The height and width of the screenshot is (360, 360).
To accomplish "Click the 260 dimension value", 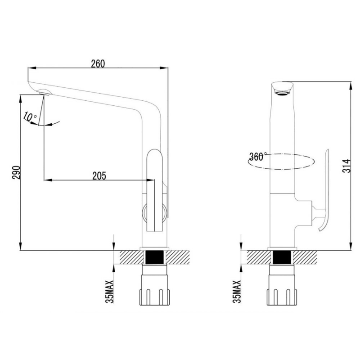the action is (98, 63).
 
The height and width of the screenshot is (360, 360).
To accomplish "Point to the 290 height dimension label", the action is (16, 172).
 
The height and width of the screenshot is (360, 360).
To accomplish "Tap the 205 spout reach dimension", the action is (99, 176).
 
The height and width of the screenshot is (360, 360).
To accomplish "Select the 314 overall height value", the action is (346, 166).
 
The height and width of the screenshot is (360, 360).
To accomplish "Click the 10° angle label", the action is (30, 117).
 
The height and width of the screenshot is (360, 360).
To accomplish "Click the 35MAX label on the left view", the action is (110, 292).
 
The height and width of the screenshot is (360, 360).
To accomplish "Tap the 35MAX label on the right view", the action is (237, 292).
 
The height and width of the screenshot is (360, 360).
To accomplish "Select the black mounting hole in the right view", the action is (282, 257).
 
